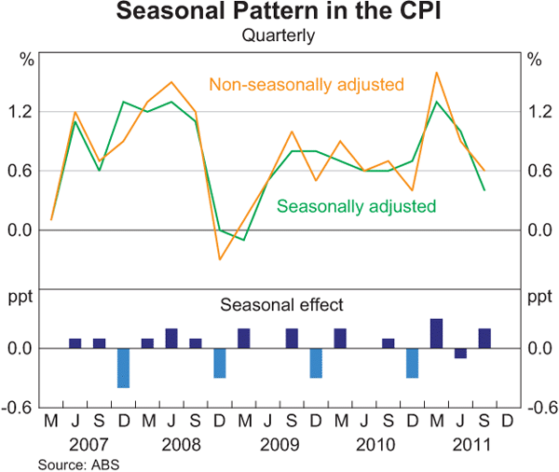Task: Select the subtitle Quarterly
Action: (x=279, y=36)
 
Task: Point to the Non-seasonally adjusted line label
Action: (x=307, y=85)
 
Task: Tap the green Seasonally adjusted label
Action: (x=357, y=205)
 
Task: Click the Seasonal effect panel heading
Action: (x=281, y=304)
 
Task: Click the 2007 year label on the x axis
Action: (x=87, y=444)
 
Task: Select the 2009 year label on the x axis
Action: (x=279, y=444)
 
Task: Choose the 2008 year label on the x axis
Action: (x=184, y=444)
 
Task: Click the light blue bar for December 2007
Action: (x=123, y=368)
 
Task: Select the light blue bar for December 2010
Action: (x=413, y=363)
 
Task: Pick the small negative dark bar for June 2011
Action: (x=460, y=354)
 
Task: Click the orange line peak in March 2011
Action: (x=436, y=72)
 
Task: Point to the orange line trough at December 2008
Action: (x=220, y=258)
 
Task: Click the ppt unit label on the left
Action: (x=21, y=298)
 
